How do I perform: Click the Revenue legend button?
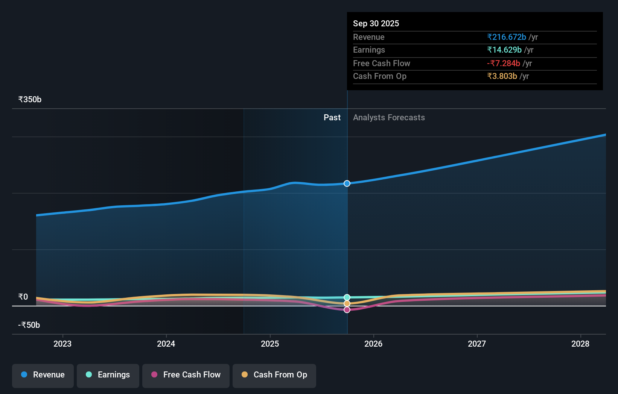click(43, 375)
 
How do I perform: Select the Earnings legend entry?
click(108, 375)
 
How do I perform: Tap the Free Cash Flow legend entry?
click(186, 375)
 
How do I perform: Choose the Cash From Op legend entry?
click(274, 375)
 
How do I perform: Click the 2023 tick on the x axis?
click(62, 344)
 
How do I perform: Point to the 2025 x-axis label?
click(270, 344)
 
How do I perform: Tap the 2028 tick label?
click(580, 344)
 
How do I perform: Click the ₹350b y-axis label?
click(30, 100)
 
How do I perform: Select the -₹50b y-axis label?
click(29, 325)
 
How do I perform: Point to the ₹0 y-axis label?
click(23, 297)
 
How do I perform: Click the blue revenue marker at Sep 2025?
click(347, 183)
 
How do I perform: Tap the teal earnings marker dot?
click(347, 297)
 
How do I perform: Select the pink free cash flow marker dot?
click(347, 310)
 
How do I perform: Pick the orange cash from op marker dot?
click(347, 303)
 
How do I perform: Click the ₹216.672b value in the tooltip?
click(506, 37)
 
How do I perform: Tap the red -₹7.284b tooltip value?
click(503, 64)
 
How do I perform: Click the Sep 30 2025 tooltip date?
click(376, 24)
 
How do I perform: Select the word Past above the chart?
click(332, 118)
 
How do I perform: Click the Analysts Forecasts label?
click(389, 118)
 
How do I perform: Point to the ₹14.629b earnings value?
click(504, 50)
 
